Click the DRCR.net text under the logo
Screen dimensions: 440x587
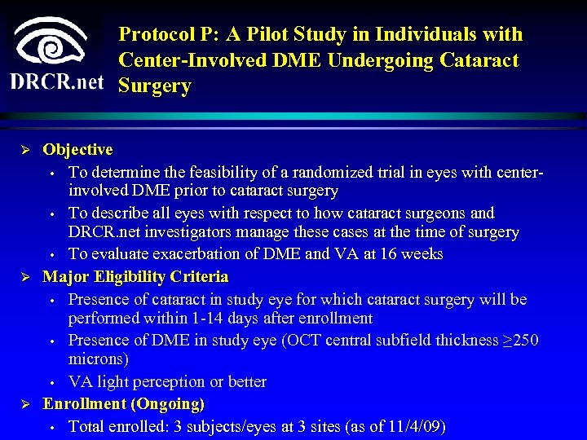(57, 82)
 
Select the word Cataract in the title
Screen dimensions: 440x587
(482, 60)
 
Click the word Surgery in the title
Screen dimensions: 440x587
(155, 86)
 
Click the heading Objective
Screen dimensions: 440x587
(77, 150)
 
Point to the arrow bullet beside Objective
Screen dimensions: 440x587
(25, 151)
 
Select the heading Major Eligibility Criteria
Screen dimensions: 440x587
(135, 277)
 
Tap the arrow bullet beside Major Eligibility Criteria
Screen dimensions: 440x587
(25, 278)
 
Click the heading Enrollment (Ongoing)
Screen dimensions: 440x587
(123, 404)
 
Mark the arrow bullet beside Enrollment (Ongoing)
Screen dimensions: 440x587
(25, 405)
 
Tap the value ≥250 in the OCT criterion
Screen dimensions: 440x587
(520, 340)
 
